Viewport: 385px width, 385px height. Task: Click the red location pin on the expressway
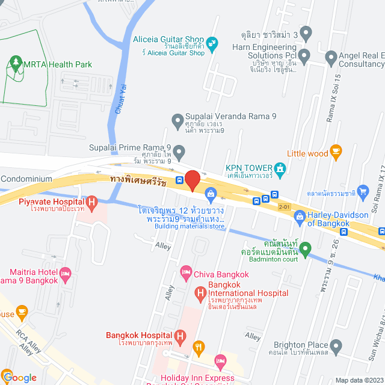point(192,180)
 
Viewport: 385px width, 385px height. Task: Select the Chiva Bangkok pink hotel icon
point(186,273)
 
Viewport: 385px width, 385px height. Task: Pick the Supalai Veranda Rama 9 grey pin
point(177,121)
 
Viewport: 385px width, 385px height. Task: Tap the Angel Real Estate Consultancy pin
point(330,58)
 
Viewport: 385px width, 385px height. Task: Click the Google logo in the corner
point(19,378)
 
